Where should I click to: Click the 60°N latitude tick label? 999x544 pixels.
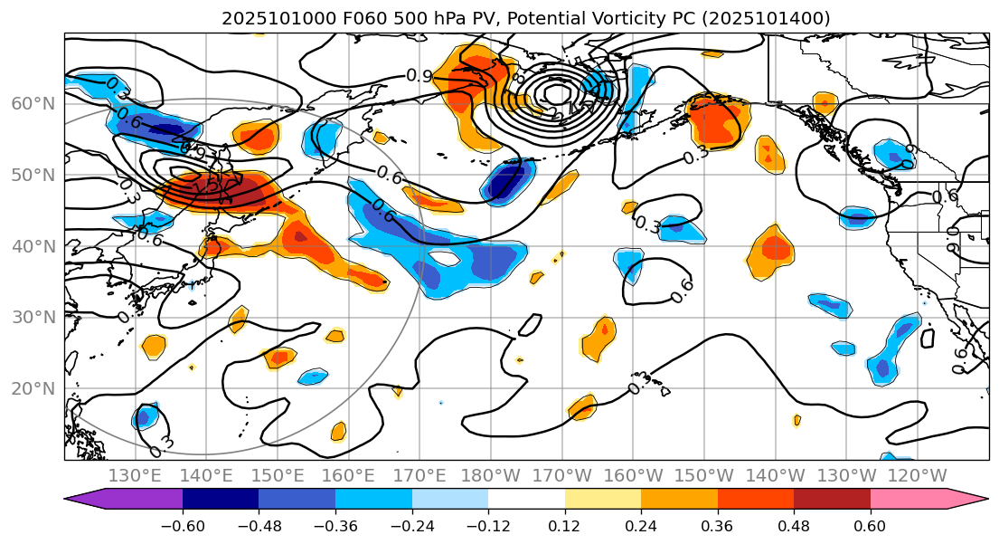33,104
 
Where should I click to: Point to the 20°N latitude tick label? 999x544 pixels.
33,389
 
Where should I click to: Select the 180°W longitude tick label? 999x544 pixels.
490,476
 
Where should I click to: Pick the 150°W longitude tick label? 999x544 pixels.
703,476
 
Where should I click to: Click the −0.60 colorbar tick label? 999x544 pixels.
183,527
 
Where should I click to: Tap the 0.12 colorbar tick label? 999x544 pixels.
565,527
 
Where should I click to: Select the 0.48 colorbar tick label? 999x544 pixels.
794,527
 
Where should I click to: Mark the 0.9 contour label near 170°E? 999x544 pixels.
419,76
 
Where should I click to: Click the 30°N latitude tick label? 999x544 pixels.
33,318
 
